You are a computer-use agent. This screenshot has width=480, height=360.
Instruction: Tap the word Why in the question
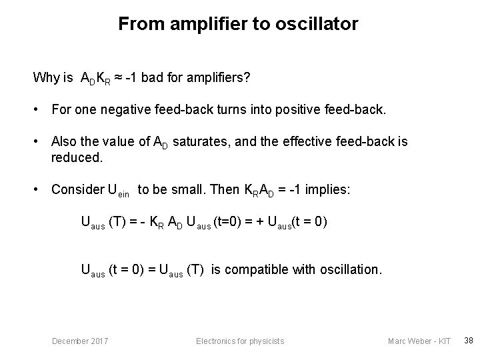tap(46, 78)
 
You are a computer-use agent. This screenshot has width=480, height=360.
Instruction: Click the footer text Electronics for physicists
tap(239, 341)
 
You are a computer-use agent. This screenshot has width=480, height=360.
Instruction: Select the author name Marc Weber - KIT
tap(419, 341)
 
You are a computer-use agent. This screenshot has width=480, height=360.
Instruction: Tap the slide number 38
tap(468, 341)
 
